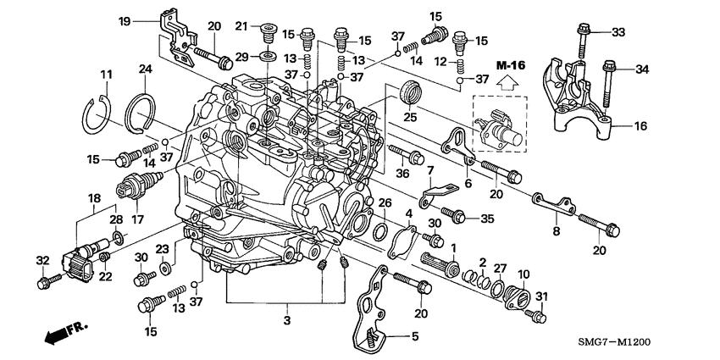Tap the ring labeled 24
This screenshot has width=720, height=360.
pos(144,113)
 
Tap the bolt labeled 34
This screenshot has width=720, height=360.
pos(607,84)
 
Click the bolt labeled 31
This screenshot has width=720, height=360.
pos(534,315)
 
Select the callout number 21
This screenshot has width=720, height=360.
pos(241,26)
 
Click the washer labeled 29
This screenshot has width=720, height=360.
pos(266,56)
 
